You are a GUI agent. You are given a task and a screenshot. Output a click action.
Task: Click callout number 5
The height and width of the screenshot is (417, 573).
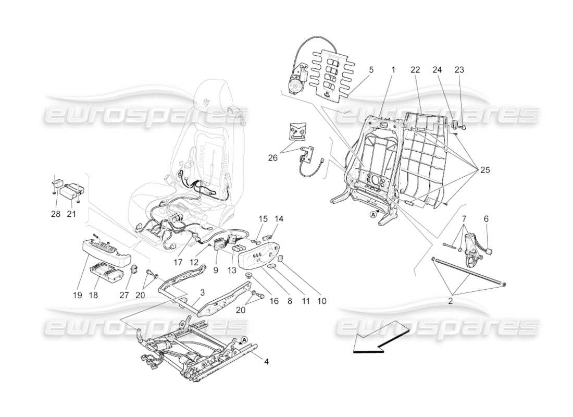pyautogui.click(x=371, y=69)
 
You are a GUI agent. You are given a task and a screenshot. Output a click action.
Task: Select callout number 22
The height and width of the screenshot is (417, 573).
pyautogui.click(x=415, y=69)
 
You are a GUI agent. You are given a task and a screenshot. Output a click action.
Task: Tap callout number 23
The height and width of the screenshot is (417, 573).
pyautogui.click(x=458, y=69)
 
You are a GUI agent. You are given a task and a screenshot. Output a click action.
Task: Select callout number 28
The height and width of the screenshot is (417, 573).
pyautogui.click(x=56, y=214)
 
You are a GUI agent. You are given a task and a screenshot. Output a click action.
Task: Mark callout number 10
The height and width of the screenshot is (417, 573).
pyautogui.click(x=321, y=301)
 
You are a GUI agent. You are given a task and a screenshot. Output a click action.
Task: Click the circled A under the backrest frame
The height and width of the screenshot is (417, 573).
pyautogui.click(x=373, y=214)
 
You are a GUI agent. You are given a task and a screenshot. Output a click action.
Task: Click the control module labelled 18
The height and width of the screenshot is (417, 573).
pyautogui.click(x=107, y=271)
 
